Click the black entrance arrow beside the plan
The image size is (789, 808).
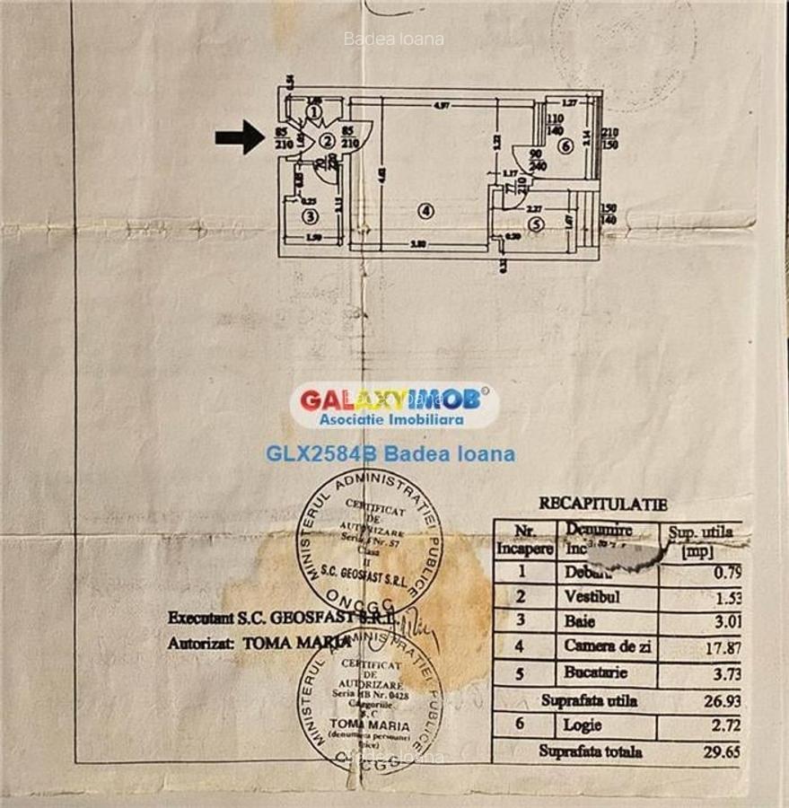(239, 137)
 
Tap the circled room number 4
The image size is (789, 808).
(426, 212)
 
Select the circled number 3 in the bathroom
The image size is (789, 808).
(310, 216)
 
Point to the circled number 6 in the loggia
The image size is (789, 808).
(564, 146)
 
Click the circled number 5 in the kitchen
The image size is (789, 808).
(536, 224)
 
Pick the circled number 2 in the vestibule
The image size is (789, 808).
(327, 141)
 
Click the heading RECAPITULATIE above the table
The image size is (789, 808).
(602, 505)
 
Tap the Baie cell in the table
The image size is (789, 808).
(580, 621)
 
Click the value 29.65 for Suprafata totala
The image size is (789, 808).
(723, 751)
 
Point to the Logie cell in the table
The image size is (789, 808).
(583, 725)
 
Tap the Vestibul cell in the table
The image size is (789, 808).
(592, 596)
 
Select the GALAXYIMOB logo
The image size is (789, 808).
(395, 405)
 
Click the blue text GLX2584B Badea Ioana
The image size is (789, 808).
(390, 454)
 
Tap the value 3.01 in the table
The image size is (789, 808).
(725, 621)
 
